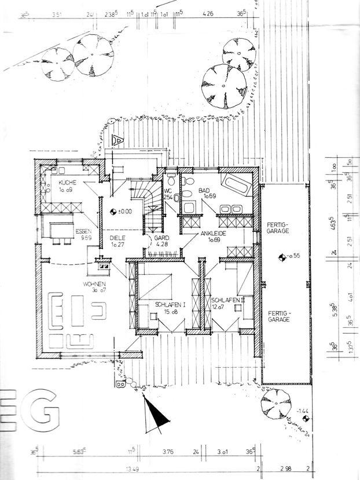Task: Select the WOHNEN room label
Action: coord(93,284)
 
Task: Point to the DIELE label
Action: coord(118,237)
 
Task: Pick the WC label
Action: coord(168,190)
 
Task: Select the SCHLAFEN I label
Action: coord(170,304)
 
